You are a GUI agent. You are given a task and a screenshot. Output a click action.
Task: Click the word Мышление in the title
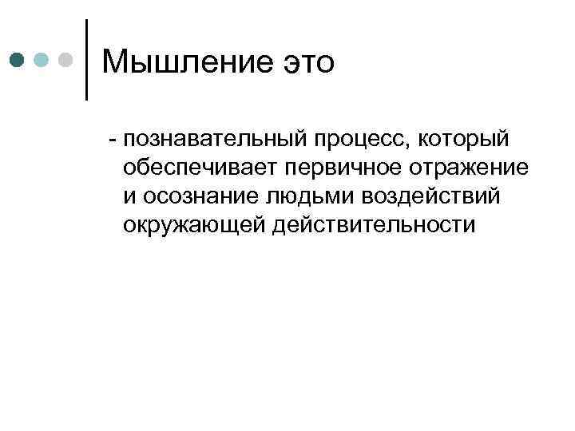[184, 61]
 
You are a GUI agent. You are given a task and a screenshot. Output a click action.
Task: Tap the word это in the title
[304, 61]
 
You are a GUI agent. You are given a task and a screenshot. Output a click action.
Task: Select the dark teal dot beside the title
[17, 59]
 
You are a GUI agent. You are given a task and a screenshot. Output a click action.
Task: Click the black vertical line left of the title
[85, 59]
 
